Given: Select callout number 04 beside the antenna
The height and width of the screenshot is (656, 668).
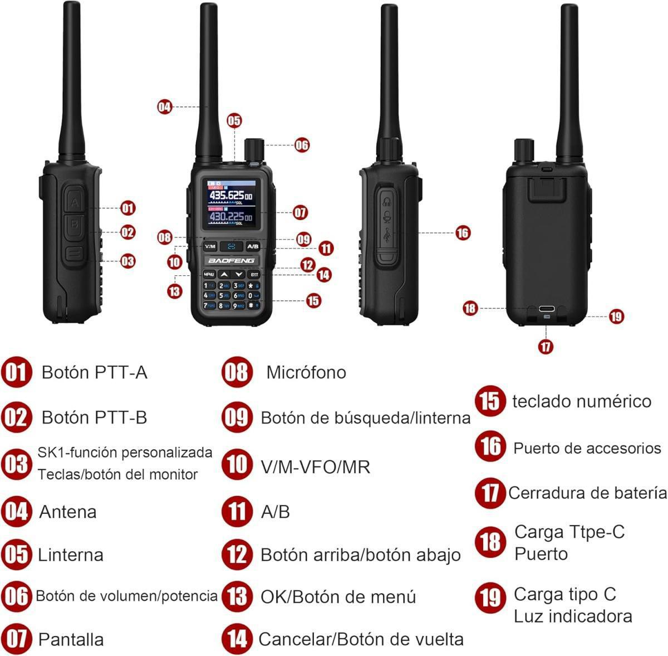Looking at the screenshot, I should click(165, 106).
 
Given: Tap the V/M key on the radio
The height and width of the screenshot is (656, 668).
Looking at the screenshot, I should click(209, 246).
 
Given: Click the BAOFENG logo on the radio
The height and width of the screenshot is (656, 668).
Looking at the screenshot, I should click(231, 260).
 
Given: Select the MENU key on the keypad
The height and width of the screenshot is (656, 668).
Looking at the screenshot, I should click(209, 274).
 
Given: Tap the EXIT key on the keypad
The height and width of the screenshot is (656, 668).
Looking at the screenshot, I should click(254, 274).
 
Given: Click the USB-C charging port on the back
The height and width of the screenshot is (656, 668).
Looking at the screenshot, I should click(546, 309).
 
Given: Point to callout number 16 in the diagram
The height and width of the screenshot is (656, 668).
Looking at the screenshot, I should click(463, 232).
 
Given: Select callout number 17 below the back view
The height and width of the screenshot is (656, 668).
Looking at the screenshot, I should click(546, 346).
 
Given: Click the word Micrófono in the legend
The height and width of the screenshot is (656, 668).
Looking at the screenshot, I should click(306, 372).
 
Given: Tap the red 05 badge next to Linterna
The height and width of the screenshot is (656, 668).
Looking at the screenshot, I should click(17, 555).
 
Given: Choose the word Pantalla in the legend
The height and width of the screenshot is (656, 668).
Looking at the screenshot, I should click(71, 639).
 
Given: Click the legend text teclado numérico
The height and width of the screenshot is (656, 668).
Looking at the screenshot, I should click(581, 401).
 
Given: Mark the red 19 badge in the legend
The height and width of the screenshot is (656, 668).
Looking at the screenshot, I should click(490, 597).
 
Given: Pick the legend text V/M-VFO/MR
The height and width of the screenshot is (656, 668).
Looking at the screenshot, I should click(315, 467).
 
